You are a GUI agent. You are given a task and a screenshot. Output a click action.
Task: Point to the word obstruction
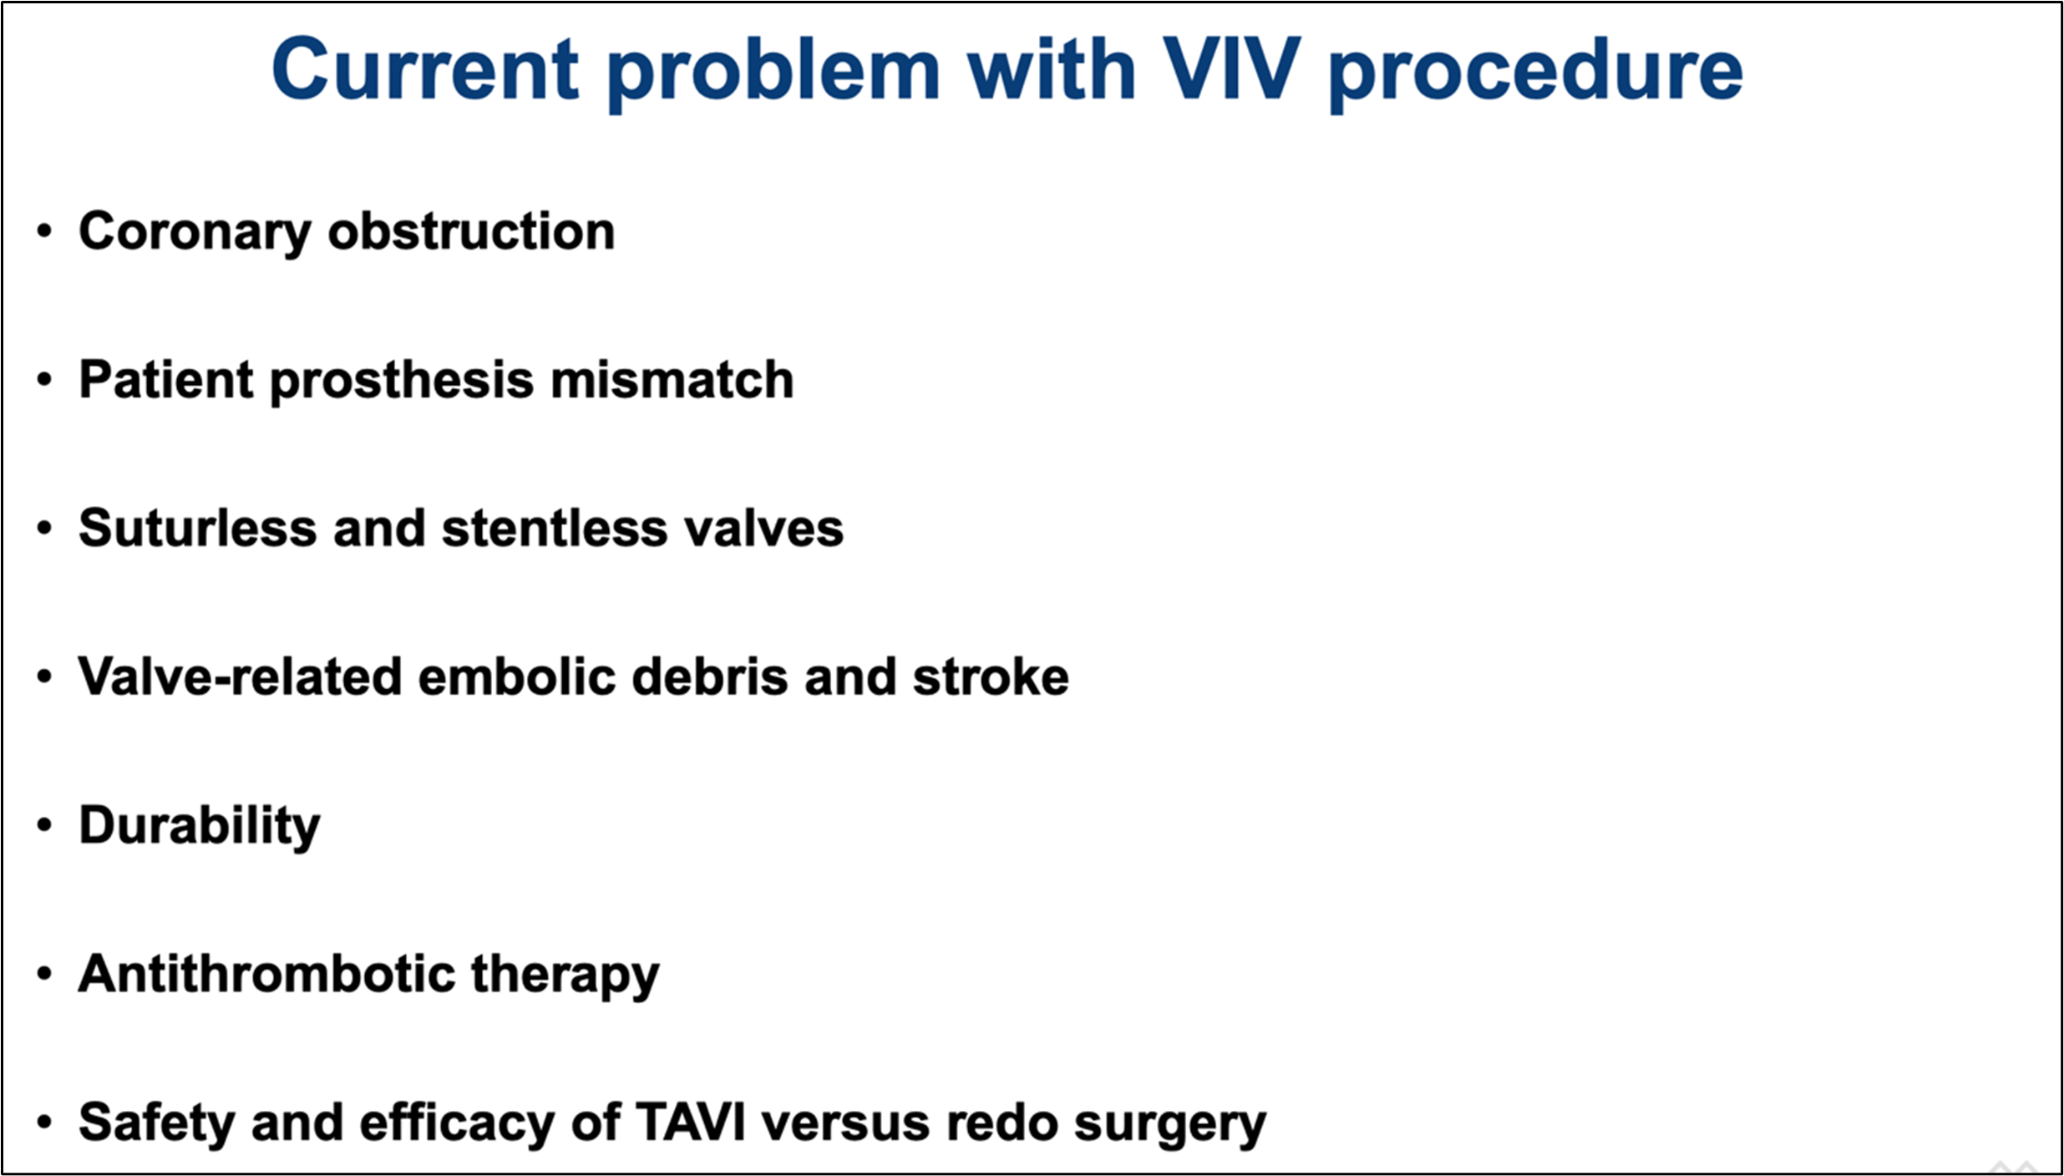pos(471,231)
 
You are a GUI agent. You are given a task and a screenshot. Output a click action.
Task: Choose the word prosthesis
pos(402,382)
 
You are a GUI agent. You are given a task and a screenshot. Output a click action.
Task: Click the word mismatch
pos(672,380)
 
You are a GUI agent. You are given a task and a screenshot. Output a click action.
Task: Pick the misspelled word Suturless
pos(198,529)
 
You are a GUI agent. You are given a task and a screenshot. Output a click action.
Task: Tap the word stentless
pos(555,529)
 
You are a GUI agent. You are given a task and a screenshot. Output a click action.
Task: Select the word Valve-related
pos(240,677)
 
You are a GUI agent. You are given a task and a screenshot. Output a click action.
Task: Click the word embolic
pos(517,677)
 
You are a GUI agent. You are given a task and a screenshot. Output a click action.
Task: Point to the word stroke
pos(991,677)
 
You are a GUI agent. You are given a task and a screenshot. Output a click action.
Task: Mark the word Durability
pos(200,827)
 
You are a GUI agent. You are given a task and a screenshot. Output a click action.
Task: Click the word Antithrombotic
pos(267,974)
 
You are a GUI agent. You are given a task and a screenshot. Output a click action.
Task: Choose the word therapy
pos(565,976)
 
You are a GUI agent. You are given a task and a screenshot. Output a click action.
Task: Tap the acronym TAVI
pos(691,1122)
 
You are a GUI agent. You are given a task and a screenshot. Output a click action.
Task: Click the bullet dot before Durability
pos(45,826)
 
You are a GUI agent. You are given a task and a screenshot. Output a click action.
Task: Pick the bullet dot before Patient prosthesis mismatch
pos(45,380)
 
